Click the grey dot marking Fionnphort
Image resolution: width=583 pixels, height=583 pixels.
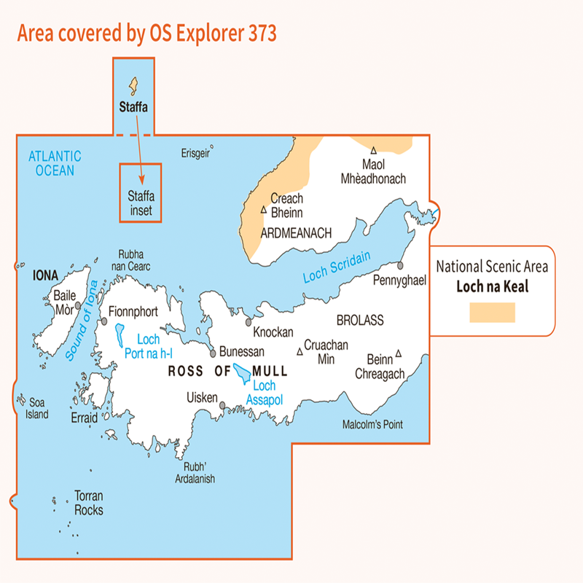pos(104,321)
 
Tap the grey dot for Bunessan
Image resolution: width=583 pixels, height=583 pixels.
pos(213,353)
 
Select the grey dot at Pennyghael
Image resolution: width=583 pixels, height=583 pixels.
pos(400,265)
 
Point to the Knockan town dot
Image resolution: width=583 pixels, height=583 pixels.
pos(249,321)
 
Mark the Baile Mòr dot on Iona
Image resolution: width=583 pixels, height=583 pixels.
pos(78,306)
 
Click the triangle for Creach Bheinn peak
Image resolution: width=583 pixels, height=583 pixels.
pos(263,210)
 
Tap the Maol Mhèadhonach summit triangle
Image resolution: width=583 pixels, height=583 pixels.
pos(373,150)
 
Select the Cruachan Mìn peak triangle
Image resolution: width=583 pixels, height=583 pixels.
pos(299,353)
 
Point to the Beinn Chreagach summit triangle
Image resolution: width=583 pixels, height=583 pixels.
pos(398,354)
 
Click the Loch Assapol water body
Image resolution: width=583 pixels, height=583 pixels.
pos(242,376)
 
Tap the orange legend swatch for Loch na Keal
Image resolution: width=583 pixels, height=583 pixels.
pos(493,313)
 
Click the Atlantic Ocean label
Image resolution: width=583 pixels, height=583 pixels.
pos(55,163)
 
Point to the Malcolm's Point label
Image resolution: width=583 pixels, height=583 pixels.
pos(372,424)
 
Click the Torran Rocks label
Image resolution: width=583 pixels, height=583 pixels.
pos(89,504)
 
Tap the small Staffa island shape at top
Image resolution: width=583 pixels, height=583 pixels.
pos(133,87)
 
